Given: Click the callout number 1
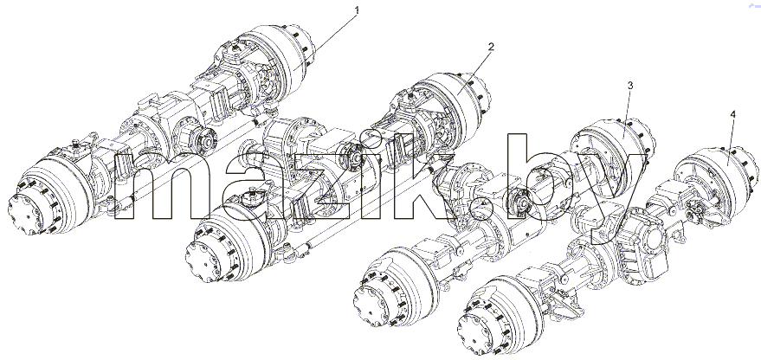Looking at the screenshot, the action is pyautogui.click(x=358, y=10).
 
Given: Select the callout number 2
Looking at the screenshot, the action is pyautogui.click(x=491, y=47).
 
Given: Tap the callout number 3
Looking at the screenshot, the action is pyautogui.click(x=630, y=86).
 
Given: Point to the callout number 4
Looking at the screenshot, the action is pyautogui.click(x=732, y=114).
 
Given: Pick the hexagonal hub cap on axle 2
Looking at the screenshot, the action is pyautogui.click(x=206, y=261).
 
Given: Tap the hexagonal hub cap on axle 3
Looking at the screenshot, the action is pyautogui.click(x=373, y=303).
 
